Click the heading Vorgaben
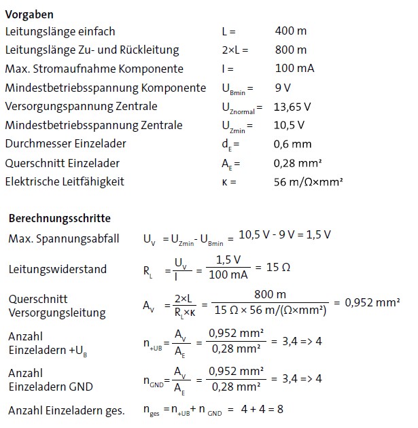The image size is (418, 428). click(x=29, y=14)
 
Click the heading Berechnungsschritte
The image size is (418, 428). click(x=59, y=219)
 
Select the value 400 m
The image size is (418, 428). click(x=290, y=31)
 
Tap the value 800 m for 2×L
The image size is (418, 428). click(x=290, y=50)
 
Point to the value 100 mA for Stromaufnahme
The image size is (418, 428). click(x=294, y=69)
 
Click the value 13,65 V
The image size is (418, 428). click(x=292, y=107)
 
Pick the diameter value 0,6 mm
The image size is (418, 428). click(x=292, y=144)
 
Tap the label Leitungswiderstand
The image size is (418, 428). click(x=58, y=269)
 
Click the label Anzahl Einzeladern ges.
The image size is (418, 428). click(x=67, y=410)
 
